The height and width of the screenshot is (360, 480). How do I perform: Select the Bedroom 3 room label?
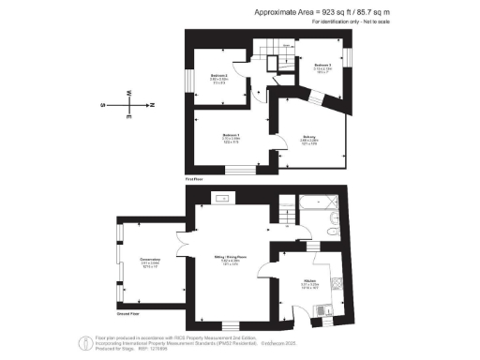[323, 65]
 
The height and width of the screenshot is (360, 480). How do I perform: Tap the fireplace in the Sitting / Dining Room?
[225, 199]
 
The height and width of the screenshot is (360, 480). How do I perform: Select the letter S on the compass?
[103, 105]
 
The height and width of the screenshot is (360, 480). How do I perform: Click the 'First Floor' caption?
[194, 177]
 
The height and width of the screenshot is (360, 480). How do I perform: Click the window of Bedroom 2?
[188, 81]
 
